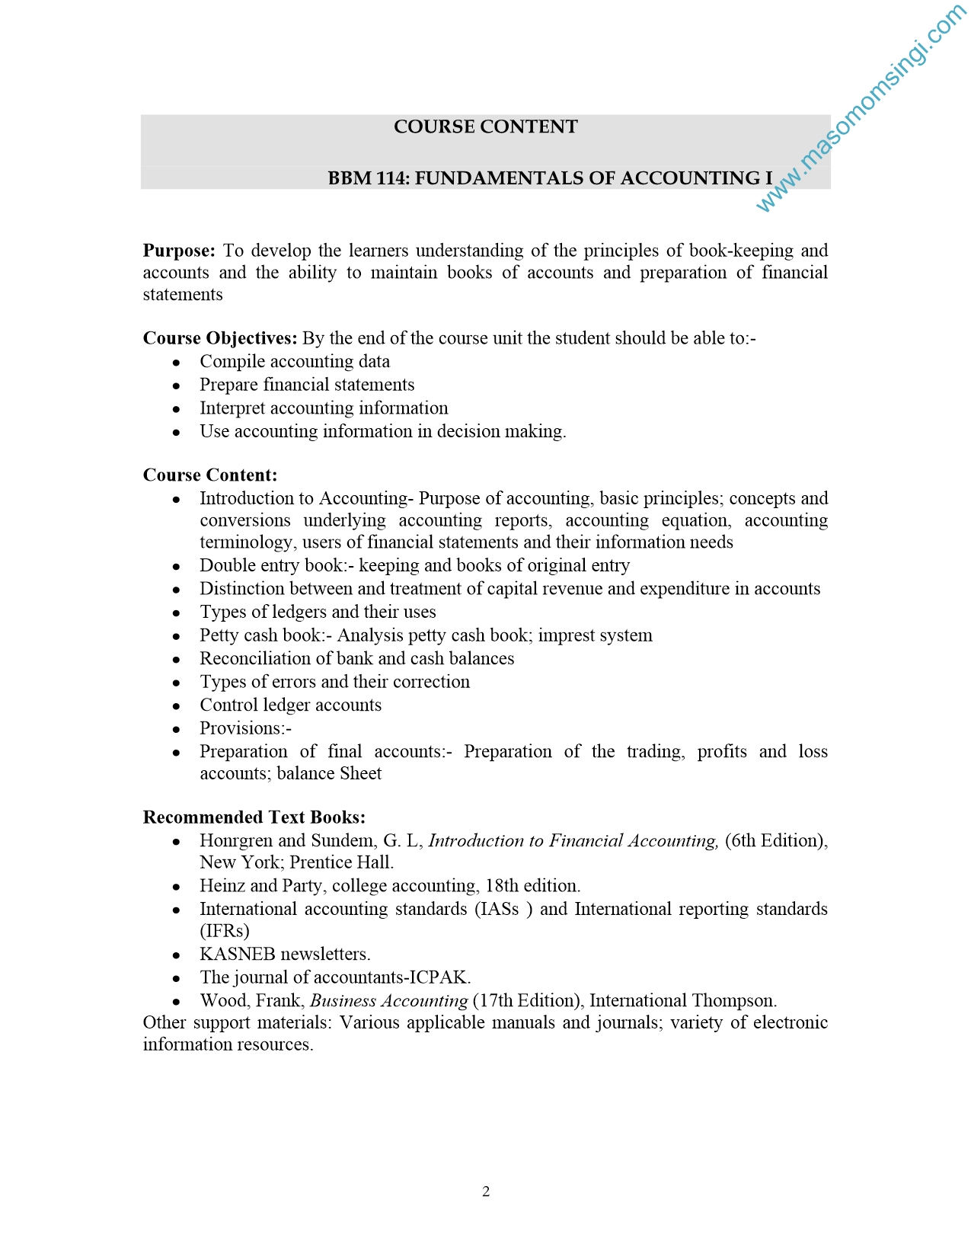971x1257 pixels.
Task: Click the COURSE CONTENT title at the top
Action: tap(485, 126)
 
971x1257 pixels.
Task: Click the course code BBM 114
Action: tap(369, 178)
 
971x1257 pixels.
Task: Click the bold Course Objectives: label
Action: tap(220, 338)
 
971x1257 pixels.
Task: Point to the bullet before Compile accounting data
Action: tap(177, 363)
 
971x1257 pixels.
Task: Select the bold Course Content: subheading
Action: tap(210, 475)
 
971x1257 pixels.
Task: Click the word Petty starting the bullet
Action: tap(219, 635)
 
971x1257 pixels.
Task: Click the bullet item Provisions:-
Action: tap(245, 728)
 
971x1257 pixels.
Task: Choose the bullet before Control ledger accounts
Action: tap(177, 706)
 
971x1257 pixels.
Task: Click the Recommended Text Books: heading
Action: tap(254, 817)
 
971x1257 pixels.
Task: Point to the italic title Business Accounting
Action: tap(388, 1001)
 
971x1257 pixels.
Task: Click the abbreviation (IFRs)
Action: tap(225, 931)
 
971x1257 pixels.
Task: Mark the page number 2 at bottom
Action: tap(486, 1191)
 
